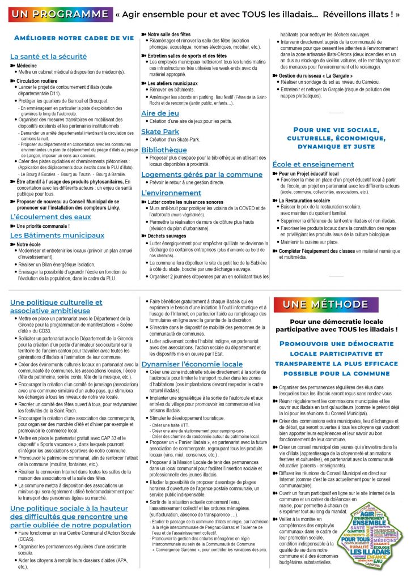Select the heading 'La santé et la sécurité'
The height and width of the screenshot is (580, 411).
click(x=48, y=57)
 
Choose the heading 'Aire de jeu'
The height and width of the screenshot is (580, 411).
click(x=160, y=114)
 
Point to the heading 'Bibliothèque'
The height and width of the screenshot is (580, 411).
click(x=164, y=150)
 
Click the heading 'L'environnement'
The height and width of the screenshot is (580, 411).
click(x=171, y=193)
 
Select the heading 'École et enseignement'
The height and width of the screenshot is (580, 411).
click(x=313, y=164)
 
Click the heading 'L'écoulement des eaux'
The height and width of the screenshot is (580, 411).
click(x=50, y=217)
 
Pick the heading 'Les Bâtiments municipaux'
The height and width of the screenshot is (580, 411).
click(x=57, y=235)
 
